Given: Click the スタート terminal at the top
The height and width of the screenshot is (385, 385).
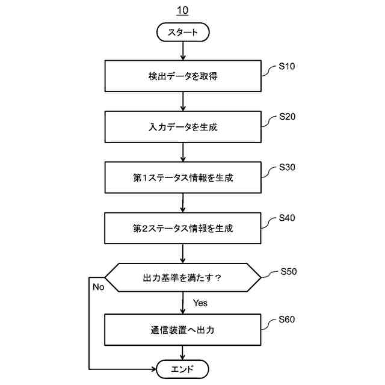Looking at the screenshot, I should [x=183, y=32].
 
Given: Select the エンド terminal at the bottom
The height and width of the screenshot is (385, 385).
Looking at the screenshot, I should [x=183, y=369].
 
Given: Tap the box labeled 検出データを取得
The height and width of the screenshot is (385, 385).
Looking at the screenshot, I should [x=183, y=76].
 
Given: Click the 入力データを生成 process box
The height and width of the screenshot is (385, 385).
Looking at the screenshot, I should [x=183, y=127].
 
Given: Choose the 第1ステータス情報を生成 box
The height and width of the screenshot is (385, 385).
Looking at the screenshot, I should [x=183, y=177].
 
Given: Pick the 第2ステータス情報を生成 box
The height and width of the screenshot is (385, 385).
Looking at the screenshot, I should [x=183, y=228].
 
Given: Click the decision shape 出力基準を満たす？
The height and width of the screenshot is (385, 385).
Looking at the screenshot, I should [x=183, y=278].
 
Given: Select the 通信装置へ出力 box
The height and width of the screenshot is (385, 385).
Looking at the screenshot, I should [x=183, y=330].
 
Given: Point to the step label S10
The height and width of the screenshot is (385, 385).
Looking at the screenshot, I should [x=287, y=66].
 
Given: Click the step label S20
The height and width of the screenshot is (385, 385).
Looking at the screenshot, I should [x=287, y=117].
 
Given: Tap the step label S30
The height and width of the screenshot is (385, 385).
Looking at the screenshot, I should [x=287, y=167].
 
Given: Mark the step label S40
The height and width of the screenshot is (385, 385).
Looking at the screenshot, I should [x=287, y=218].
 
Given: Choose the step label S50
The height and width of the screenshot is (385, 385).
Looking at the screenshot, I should [x=288, y=271].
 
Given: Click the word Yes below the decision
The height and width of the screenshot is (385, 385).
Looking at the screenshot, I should [x=200, y=303].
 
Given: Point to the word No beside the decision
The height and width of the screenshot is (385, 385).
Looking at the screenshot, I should [x=99, y=287].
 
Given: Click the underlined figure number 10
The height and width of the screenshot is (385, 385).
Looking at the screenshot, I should [x=182, y=11].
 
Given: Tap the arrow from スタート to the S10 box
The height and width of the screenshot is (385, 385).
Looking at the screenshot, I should [x=183, y=51].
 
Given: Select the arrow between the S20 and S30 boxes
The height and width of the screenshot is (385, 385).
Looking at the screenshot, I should [x=183, y=152].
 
